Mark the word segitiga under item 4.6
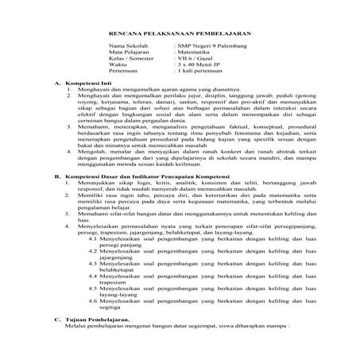112,331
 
